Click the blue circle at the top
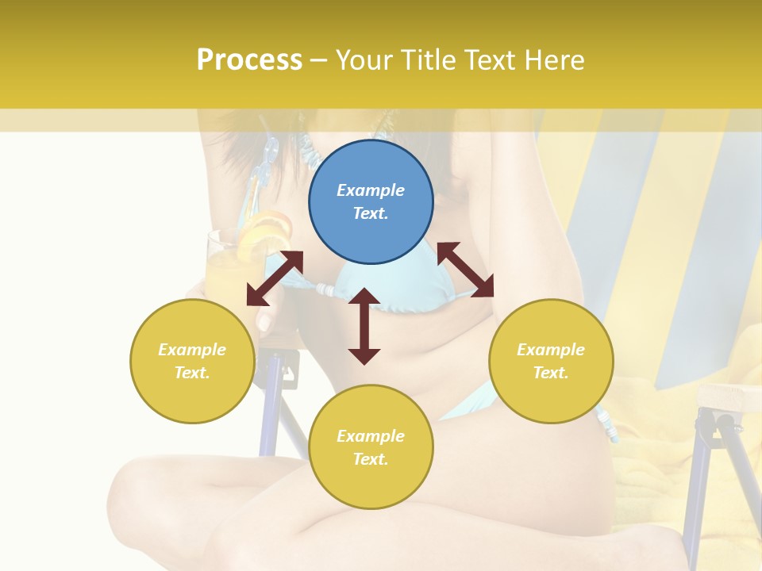coord(371,201)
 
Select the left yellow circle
coord(192,361)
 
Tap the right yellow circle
coord(551,361)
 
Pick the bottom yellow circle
coord(371,447)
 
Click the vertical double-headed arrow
coord(364,326)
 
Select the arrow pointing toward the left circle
coord(275,278)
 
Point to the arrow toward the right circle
coord(465,270)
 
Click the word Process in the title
coord(249,59)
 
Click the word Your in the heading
coord(364,59)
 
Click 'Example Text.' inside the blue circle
coord(371,201)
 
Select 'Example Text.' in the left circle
coord(192,361)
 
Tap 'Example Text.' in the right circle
coord(551,361)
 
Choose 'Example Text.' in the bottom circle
coord(371,447)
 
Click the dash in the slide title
coord(318,60)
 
